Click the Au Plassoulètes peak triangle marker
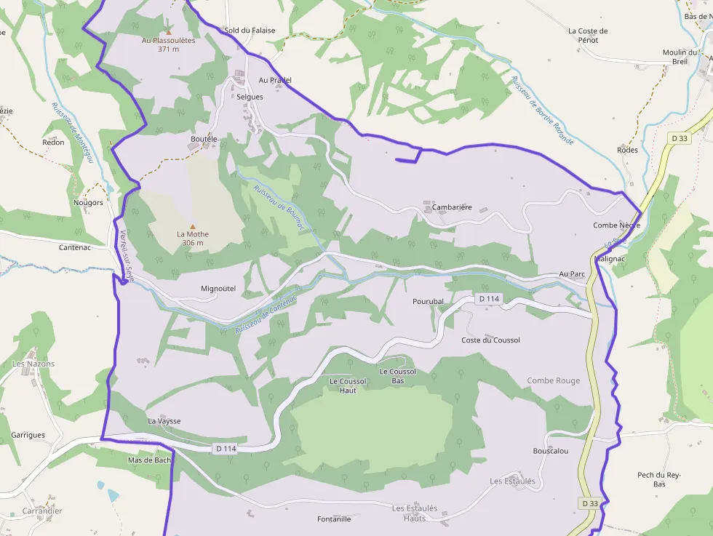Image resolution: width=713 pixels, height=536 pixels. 168,31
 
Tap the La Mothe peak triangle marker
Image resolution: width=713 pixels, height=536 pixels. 193,226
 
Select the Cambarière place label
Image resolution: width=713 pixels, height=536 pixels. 452,207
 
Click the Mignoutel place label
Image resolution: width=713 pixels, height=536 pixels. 218,289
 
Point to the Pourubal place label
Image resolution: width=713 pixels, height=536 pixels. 428,301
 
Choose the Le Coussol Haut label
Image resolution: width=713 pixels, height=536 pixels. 348,385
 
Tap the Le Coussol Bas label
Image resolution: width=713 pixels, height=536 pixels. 398,376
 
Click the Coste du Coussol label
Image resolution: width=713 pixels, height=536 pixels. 490,340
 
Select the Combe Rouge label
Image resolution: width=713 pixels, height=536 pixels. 554,381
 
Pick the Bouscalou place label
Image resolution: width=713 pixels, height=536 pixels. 551,451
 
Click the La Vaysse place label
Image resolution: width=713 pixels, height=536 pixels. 164,421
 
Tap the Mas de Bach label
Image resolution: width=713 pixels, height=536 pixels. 149,460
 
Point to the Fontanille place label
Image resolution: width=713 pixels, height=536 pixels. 335,519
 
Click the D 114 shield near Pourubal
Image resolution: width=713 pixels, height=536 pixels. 490,299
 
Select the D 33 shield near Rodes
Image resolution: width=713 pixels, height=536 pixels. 680,138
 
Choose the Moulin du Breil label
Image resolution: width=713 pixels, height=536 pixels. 680,57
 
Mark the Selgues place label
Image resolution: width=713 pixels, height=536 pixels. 250,97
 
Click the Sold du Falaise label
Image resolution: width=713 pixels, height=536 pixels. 250,31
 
